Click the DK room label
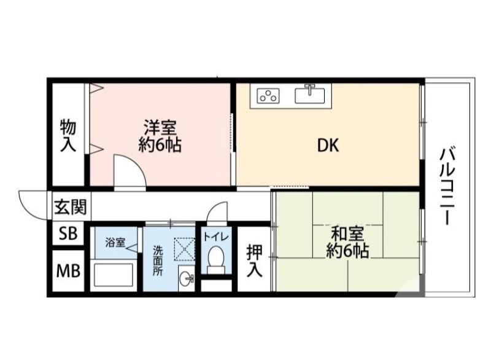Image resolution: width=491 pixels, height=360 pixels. point(328,146)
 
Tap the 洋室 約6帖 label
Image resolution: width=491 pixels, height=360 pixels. point(160,136)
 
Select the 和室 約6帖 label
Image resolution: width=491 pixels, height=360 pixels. point(347,242)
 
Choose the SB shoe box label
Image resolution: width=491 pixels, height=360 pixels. point(68,233)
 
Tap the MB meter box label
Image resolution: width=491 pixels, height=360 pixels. point(68,270)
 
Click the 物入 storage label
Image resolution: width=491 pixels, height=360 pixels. point(68,136)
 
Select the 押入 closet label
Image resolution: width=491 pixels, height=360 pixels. point(254,260)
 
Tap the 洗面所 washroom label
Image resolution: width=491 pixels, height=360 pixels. point(158,259)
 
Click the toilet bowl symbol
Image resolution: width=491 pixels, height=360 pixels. point(215,259)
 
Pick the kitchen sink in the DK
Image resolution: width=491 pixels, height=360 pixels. point(311,95)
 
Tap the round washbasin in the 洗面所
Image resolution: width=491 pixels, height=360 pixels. point(186,280)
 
